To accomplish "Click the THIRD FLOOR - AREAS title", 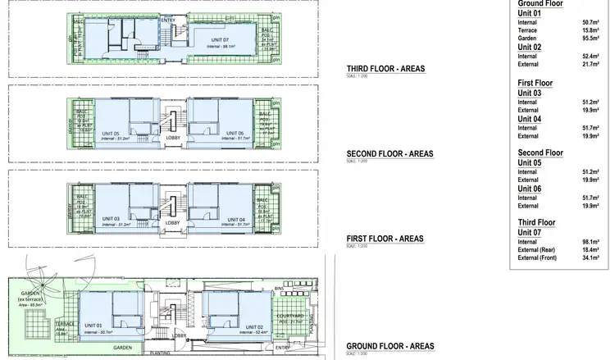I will point(386,69).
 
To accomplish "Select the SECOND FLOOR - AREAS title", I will point(389,153).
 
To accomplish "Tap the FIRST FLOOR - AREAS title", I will point(385,239).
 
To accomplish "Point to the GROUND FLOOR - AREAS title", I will point(389,346).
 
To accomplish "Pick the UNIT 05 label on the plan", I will point(111,134).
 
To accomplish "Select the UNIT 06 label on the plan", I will point(235,134).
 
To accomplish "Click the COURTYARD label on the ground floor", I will point(290,316).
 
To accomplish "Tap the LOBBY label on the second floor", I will point(173,138).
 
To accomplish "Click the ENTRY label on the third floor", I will point(168,19).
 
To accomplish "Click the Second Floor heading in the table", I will point(540,153).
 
